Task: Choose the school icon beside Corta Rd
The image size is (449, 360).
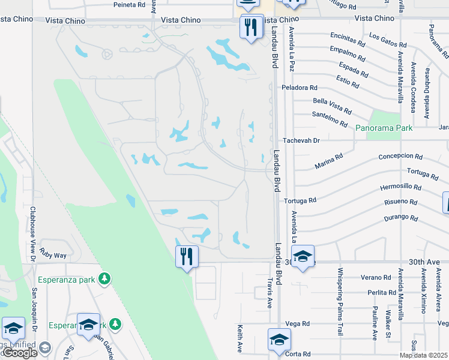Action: pos(279,340)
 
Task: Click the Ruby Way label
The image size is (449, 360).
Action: pos(53,255)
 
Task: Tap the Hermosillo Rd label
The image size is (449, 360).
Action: pos(400,187)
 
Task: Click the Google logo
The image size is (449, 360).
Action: pos(20,353)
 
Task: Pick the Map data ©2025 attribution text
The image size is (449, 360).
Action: pos(423,355)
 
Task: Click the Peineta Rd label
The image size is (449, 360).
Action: pos(129,4)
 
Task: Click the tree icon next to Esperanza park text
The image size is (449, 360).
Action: pos(105,279)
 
